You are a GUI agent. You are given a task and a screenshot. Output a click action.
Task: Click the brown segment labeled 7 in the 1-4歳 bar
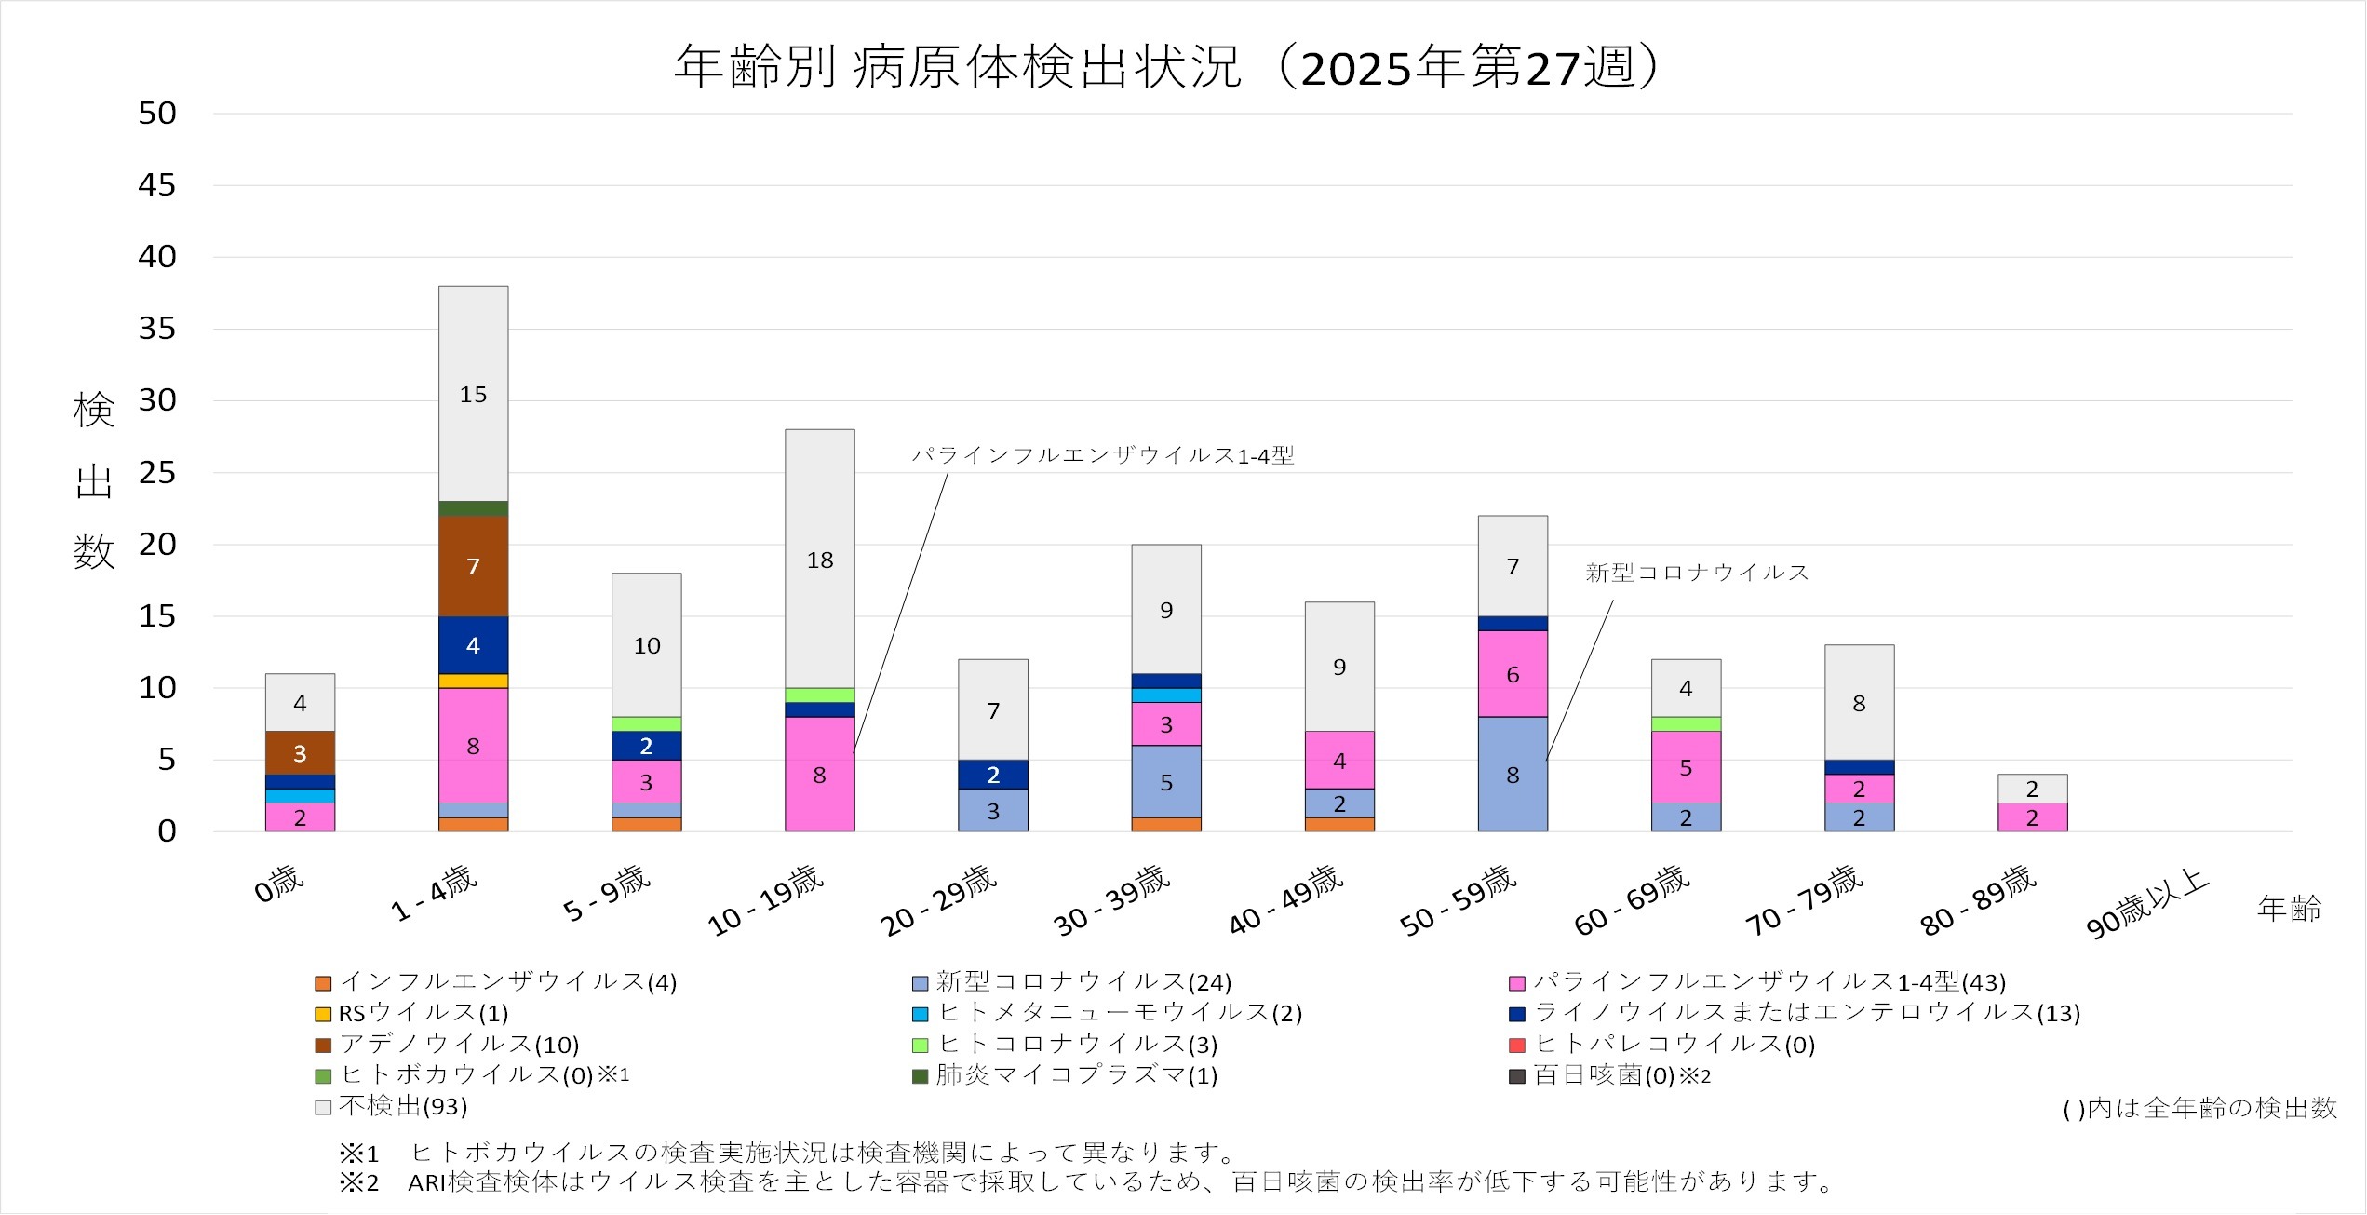(x=473, y=566)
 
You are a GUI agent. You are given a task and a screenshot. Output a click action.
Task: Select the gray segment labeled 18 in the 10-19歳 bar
(x=819, y=560)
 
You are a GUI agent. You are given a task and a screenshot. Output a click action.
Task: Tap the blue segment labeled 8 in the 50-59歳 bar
(x=1513, y=775)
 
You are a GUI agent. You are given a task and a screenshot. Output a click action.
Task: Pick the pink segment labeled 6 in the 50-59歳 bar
(x=1513, y=674)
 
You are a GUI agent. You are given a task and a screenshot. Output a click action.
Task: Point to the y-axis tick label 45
(x=156, y=185)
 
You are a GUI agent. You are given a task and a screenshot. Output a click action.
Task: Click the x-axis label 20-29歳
(x=938, y=900)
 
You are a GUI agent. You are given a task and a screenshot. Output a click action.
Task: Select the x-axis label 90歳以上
(x=2146, y=904)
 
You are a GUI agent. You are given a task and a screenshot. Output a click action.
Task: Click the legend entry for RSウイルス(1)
(x=424, y=1013)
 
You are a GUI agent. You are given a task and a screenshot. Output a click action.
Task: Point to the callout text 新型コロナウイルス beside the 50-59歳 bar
(x=1696, y=573)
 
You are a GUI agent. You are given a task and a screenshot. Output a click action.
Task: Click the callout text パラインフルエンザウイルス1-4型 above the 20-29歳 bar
(x=1102, y=455)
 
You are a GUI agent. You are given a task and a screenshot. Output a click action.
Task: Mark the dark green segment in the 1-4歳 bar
(x=473, y=508)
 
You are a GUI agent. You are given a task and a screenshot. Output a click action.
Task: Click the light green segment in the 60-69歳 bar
(x=1686, y=723)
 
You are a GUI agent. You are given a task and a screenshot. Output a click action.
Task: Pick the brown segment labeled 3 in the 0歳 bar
(x=300, y=752)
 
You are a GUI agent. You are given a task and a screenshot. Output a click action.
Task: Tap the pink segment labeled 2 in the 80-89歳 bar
(x=2032, y=817)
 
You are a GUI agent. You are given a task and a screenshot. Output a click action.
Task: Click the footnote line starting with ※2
(x=1085, y=1182)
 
